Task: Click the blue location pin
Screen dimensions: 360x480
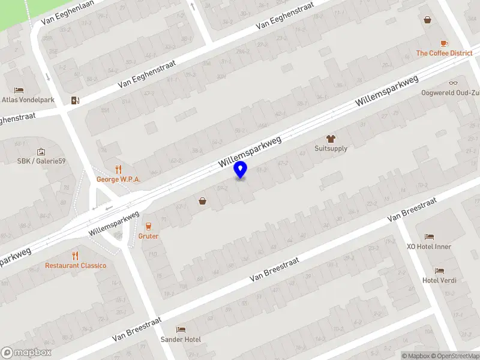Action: click(x=241, y=170)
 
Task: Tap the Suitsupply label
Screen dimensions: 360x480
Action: click(x=331, y=148)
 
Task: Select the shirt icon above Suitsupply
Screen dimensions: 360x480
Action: click(x=331, y=139)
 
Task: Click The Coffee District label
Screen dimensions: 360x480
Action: click(x=445, y=53)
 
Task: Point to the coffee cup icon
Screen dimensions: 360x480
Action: click(x=444, y=43)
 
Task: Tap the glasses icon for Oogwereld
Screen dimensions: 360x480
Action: click(x=453, y=83)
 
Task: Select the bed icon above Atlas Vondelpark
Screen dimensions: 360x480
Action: click(x=19, y=90)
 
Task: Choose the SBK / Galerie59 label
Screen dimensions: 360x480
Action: click(x=41, y=161)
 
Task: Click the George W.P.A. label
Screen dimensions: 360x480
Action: click(x=118, y=179)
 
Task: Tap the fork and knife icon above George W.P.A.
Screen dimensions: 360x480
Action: click(x=118, y=169)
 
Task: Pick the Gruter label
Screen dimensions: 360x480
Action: click(x=148, y=236)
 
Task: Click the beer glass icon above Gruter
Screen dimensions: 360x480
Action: click(x=148, y=226)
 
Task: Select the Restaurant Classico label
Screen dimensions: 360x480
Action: click(x=76, y=265)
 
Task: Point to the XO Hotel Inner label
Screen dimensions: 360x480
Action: click(x=429, y=247)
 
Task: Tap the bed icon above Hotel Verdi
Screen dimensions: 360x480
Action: click(x=440, y=271)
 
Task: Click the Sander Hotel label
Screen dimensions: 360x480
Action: click(x=181, y=339)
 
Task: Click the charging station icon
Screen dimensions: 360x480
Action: click(x=74, y=100)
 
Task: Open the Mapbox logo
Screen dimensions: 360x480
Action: click(x=26, y=353)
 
